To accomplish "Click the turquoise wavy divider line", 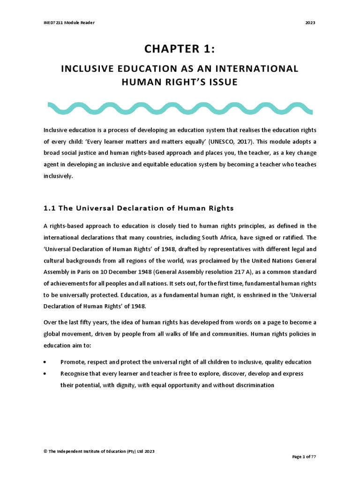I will point(180,108).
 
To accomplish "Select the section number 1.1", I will point(50,208).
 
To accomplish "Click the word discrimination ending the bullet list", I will point(251,385).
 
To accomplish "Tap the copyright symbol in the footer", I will point(45,451).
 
